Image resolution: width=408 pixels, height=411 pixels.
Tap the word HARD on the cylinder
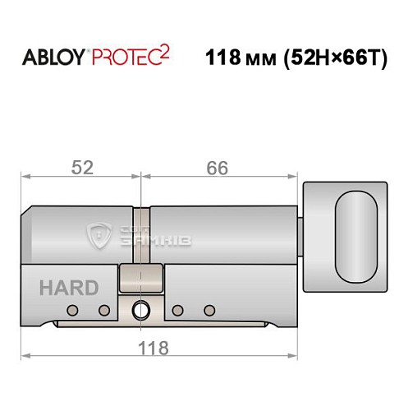click(x=67, y=288)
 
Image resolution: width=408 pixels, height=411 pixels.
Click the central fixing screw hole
click(x=140, y=310)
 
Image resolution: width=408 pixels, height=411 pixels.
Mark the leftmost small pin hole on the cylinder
click(x=73, y=310)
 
